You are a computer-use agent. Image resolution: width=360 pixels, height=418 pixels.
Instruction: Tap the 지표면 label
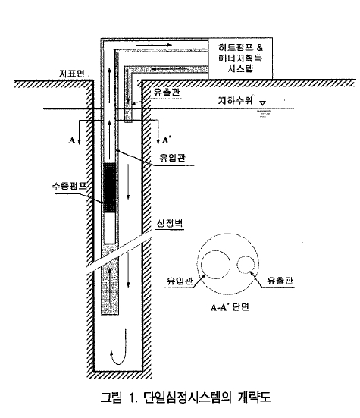72,74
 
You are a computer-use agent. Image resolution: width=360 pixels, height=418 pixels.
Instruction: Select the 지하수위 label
235,100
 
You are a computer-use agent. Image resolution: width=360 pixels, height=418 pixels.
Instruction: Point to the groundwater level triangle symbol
262,103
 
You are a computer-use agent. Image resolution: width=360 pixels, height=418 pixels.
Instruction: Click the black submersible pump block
109,187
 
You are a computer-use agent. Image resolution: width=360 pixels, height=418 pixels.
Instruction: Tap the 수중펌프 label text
70,186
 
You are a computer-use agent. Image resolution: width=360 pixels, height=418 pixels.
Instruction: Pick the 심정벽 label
170,223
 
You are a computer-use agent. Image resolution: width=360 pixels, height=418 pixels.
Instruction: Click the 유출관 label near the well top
167,92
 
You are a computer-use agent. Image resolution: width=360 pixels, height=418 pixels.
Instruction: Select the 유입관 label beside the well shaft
172,158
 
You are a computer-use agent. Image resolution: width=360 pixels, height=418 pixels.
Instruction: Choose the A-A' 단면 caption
230,307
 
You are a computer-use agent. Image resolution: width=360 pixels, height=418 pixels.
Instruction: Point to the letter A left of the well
72,140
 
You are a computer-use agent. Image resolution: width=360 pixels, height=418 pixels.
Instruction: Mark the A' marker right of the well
166,140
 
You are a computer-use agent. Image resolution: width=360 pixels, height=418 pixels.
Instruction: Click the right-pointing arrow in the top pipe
154,45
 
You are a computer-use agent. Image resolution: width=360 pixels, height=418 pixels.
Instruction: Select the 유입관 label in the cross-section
180,281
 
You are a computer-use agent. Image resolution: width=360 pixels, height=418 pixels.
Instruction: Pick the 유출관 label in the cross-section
280,280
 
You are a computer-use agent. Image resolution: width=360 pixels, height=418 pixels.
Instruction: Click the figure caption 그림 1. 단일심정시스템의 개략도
186,398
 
